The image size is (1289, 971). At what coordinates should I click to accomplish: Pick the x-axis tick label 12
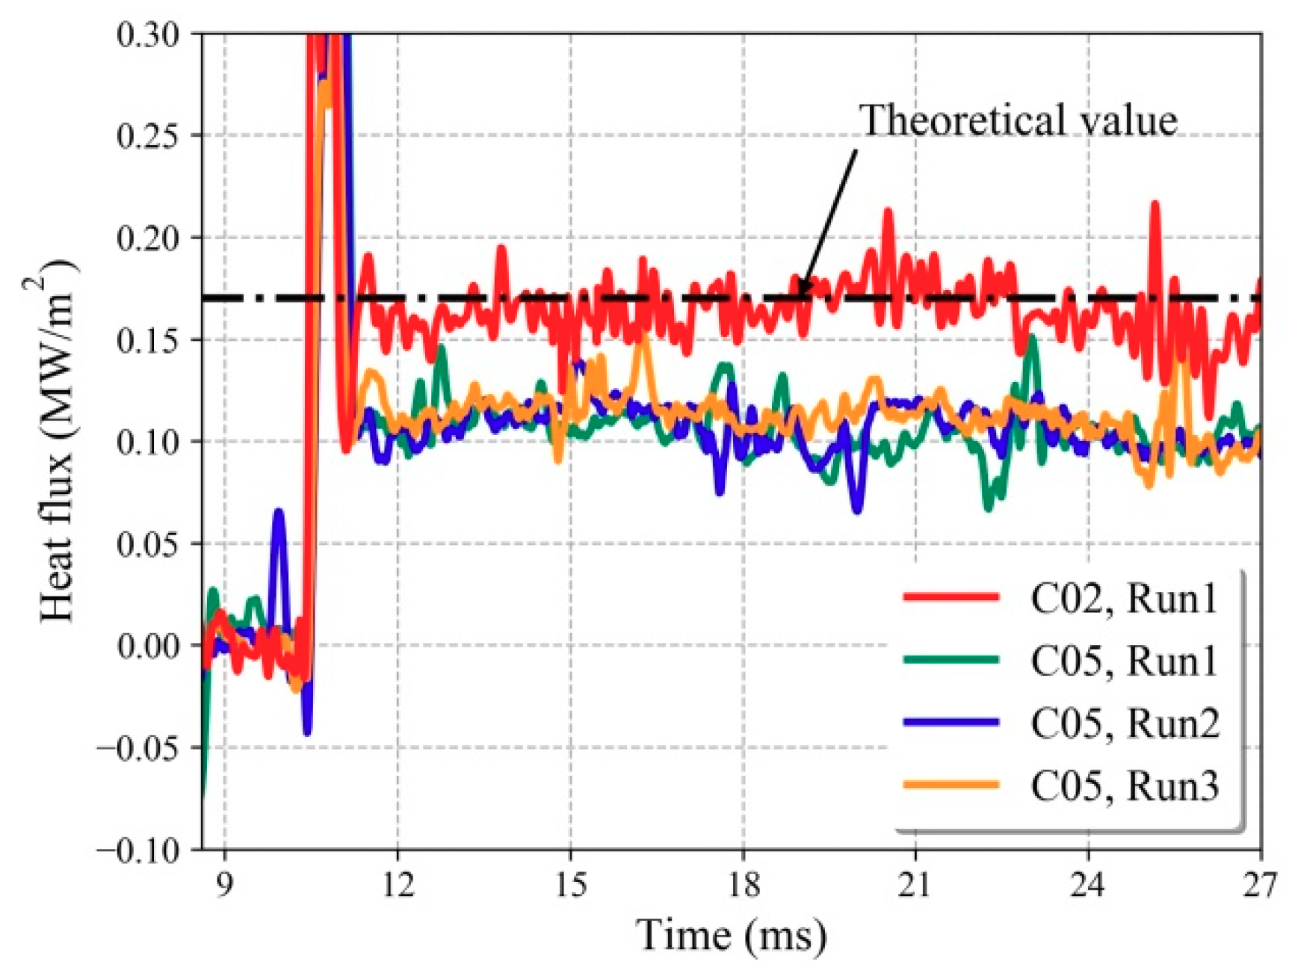(x=398, y=886)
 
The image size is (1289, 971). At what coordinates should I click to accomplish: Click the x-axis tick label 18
(x=744, y=886)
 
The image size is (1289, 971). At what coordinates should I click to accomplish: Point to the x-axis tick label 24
(x=1088, y=886)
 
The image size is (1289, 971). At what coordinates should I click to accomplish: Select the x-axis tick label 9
(x=225, y=886)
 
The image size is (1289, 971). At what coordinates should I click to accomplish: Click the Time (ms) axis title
(x=731, y=935)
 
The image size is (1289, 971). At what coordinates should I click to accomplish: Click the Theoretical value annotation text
(x=1018, y=120)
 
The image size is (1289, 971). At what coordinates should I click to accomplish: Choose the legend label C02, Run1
(x=1124, y=598)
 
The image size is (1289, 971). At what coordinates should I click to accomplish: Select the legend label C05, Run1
(x=1124, y=661)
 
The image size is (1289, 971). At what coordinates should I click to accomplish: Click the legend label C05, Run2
(x=1124, y=723)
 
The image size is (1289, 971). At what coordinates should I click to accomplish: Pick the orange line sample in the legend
(x=950, y=784)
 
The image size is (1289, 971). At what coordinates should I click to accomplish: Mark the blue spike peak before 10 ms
(x=278, y=511)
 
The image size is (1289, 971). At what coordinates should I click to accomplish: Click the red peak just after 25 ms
(x=1155, y=203)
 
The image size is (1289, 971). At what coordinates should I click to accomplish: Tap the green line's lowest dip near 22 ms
(x=989, y=508)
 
